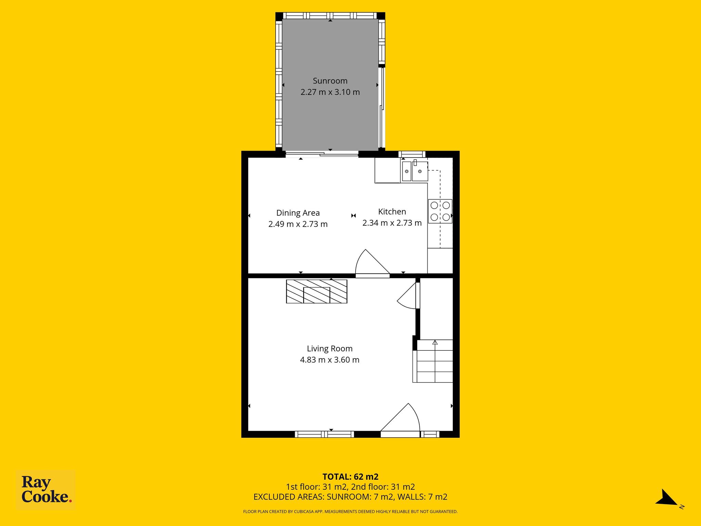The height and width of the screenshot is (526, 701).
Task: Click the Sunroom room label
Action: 330,81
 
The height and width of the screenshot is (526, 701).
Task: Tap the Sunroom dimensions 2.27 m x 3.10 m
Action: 330,92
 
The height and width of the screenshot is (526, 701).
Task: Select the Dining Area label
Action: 298,213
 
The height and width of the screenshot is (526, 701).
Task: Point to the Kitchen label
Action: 392,212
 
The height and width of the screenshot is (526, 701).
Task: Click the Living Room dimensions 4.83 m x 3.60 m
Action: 330,360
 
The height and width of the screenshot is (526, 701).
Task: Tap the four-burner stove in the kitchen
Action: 440,211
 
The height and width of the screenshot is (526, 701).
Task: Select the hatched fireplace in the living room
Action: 317,291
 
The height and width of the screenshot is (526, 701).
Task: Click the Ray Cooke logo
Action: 46,490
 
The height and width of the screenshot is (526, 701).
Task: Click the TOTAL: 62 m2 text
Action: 350,477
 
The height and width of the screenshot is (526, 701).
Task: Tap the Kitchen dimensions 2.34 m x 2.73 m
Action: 392,223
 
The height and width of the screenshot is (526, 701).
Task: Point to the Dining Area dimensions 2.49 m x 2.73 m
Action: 298,224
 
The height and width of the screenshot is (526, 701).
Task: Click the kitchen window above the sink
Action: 412,154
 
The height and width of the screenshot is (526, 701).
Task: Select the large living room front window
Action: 324,434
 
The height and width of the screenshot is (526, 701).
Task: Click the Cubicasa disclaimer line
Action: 350,512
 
